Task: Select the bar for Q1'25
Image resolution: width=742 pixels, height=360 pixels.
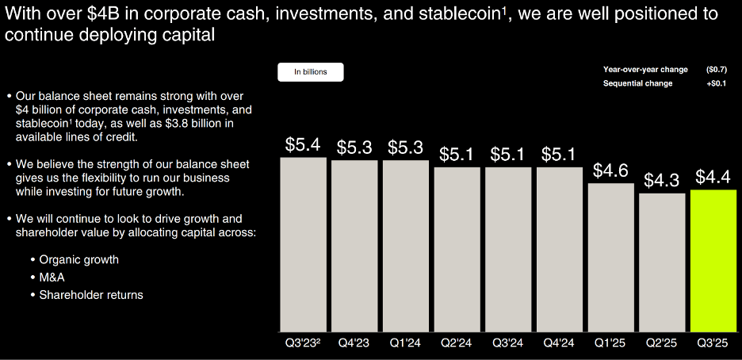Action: click(611, 257)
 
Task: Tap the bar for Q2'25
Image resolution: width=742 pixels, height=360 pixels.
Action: click(662, 262)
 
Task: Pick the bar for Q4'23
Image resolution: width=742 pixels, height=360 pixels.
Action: click(354, 246)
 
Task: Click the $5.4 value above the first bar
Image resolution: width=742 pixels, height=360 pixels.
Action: click(303, 145)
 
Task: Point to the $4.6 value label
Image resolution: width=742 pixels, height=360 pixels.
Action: click(611, 171)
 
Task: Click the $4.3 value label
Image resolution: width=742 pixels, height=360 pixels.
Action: click(662, 181)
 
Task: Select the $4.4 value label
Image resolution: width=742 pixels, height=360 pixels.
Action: click(713, 177)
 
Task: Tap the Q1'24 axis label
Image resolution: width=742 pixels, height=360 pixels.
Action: click(405, 344)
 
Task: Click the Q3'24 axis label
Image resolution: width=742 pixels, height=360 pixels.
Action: click(508, 344)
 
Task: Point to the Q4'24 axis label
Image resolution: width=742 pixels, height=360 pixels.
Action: click(560, 344)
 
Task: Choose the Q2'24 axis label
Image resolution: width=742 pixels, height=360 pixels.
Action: click(457, 344)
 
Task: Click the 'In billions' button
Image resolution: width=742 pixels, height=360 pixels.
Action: click(310, 72)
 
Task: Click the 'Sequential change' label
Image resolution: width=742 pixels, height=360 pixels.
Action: click(637, 83)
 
